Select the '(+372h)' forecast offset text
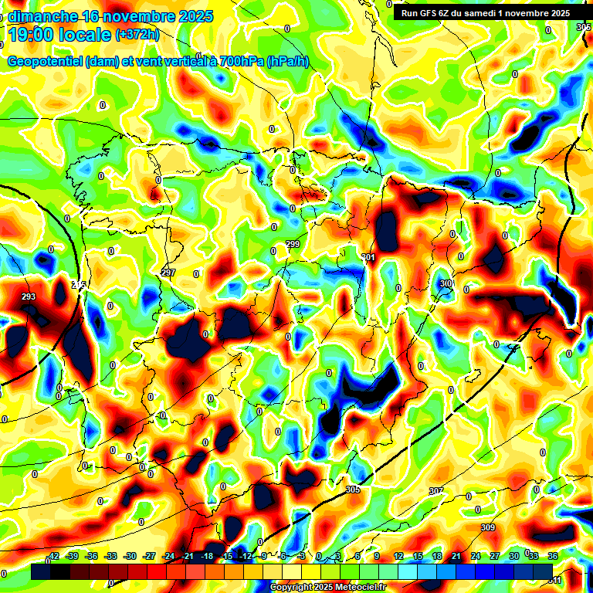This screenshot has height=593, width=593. click(x=137, y=35)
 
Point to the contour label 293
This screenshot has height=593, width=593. click(x=29, y=296)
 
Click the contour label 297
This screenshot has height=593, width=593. click(x=168, y=273)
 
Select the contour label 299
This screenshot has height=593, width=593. click(x=293, y=244)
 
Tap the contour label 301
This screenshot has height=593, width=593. click(x=368, y=257)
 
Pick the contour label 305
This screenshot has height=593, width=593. click(x=353, y=490)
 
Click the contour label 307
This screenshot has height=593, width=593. click(x=436, y=491)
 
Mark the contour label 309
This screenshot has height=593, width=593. click(x=487, y=527)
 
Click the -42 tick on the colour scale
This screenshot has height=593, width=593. click(x=53, y=556)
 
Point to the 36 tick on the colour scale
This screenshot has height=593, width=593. click(x=553, y=556)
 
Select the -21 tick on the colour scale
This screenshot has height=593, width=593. click(x=188, y=556)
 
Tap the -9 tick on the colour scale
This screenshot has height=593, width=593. click(x=264, y=556)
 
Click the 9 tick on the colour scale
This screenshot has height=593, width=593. click(x=377, y=556)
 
